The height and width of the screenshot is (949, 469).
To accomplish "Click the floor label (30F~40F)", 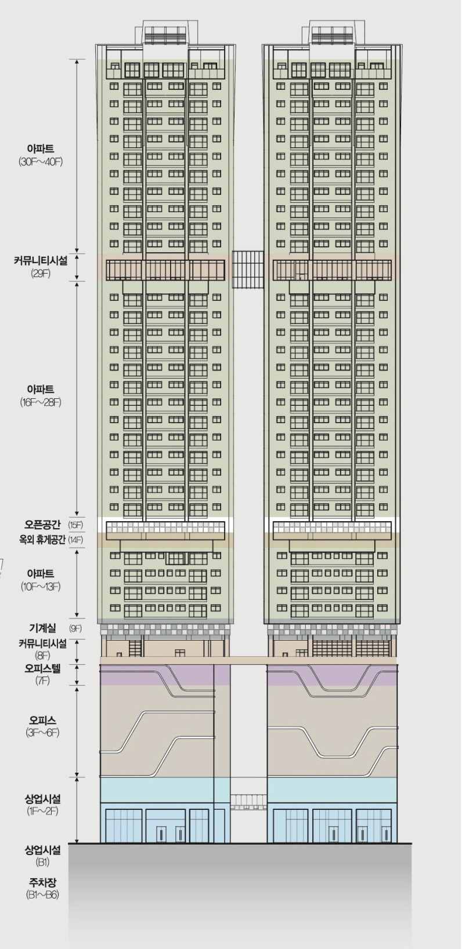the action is [41, 161].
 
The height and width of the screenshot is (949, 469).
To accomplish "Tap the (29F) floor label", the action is [41, 273].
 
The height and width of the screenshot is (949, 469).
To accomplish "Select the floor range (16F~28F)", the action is [41, 402].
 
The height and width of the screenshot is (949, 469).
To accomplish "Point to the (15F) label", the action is [75, 525].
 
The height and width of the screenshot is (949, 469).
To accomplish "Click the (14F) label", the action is [75, 540].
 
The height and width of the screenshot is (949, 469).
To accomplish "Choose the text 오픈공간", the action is [45, 525].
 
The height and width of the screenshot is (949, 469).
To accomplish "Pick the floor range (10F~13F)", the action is [41, 587].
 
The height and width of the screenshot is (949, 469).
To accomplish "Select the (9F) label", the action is [75, 628].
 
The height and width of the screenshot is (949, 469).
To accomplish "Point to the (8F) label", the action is [41, 656].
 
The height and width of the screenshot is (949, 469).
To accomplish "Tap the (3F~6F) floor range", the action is [41, 733].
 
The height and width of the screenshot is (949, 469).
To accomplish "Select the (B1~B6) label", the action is [42, 895].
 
